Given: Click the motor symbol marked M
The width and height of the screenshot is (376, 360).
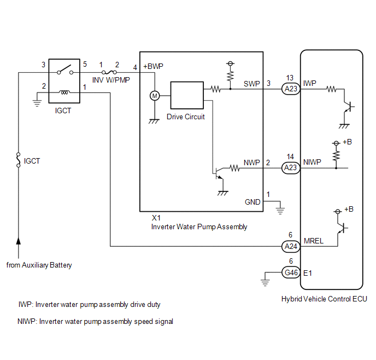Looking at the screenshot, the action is pyautogui.click(x=155, y=96).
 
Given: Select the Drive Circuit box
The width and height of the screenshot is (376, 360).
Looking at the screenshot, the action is pyautogui.click(x=187, y=95).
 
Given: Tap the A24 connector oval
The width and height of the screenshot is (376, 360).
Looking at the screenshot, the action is pyautogui.click(x=291, y=246).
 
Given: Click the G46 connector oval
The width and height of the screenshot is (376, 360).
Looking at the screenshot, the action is pyautogui.click(x=291, y=272).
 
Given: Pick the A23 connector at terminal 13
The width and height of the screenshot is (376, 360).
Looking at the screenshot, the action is pyautogui.click(x=291, y=89).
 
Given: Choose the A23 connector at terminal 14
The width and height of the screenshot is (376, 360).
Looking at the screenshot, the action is pyautogui.click(x=291, y=167).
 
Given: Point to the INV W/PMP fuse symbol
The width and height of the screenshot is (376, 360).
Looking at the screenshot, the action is pyautogui.click(x=109, y=72).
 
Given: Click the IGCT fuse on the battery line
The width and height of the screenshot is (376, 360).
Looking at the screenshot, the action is pyautogui.click(x=18, y=160).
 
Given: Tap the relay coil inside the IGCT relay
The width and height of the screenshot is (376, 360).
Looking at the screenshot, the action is pyautogui.click(x=64, y=92).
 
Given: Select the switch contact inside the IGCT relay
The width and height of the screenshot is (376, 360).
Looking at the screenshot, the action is pyautogui.click(x=65, y=69).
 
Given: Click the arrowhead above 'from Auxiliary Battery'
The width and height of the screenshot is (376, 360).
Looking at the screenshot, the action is pyautogui.click(x=18, y=241).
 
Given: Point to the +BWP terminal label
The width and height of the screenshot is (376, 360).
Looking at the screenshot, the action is pyautogui.click(x=153, y=66).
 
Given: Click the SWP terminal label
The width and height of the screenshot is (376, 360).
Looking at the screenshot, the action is pyautogui.click(x=252, y=84).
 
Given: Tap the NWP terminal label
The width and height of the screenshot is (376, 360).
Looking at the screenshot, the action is pyautogui.click(x=252, y=162).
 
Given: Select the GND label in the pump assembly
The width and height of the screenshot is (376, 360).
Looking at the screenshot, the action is pyautogui.click(x=252, y=202).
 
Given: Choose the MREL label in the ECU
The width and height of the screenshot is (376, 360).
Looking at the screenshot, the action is pyautogui.click(x=313, y=241).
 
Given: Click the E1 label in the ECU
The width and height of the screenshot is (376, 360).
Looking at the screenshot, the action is pyautogui.click(x=308, y=273).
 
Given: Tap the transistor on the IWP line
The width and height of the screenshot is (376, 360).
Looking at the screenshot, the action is pyautogui.click(x=348, y=106).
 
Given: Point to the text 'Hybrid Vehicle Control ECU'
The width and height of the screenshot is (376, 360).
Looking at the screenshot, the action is pyautogui.click(x=324, y=299).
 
